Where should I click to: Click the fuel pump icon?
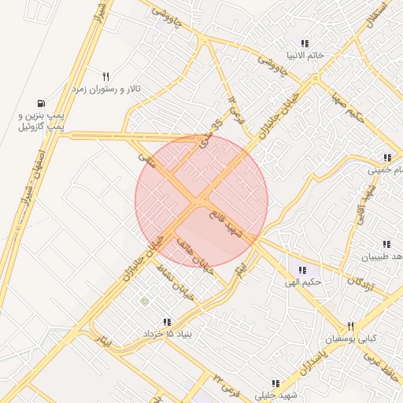click(x=40, y=102)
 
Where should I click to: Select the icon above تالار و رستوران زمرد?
click(x=105, y=76)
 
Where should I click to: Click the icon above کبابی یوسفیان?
click(x=351, y=326)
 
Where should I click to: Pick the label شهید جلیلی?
click(x=275, y=395)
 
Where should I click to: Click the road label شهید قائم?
click(x=226, y=221)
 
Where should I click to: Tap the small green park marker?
click(x=143, y=301)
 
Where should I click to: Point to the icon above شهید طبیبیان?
click(x=386, y=246)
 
